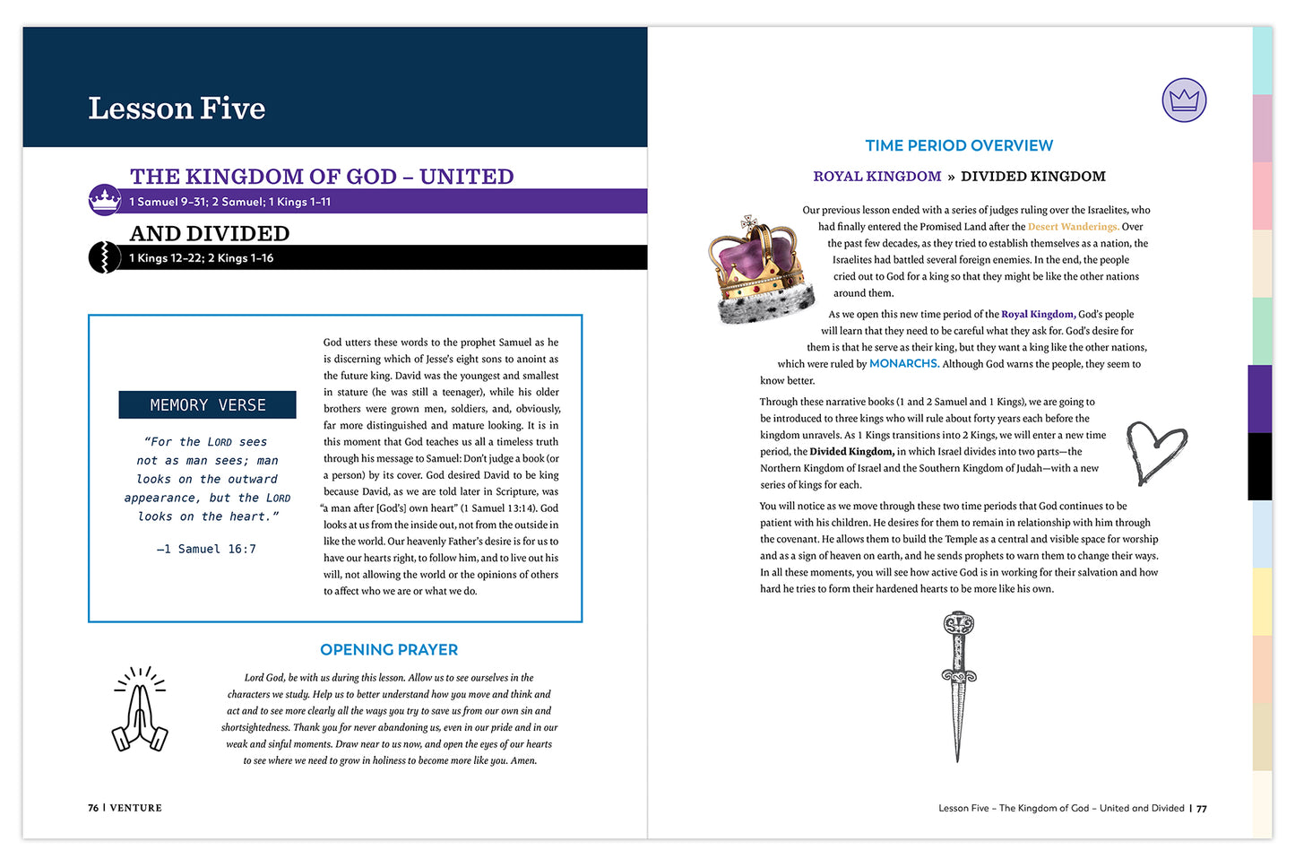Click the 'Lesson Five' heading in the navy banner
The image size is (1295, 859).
point(177,108)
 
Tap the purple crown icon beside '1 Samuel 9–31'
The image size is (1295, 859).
point(105,199)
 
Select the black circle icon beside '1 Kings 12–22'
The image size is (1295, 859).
point(104,257)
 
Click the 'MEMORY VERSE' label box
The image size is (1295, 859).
point(207,405)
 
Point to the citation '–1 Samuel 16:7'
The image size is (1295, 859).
point(206,549)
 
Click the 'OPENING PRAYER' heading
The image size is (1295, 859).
point(389,649)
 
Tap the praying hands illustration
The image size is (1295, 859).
point(140,709)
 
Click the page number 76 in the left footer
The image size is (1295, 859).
point(93,808)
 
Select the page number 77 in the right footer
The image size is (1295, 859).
point(1202,809)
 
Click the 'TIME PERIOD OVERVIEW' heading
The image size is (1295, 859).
point(959,145)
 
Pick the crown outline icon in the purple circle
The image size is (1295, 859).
point(1184,100)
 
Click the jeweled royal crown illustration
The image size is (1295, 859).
point(761,268)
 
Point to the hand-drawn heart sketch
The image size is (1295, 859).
point(1155,451)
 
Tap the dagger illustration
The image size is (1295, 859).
point(958,685)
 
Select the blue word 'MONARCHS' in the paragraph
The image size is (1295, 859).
point(903,363)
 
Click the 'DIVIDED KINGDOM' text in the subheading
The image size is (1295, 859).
point(1032,177)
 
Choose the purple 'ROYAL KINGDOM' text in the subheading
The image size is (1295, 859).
point(876,177)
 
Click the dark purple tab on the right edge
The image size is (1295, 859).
point(1259,398)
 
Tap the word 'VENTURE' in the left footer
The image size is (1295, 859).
point(136,808)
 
